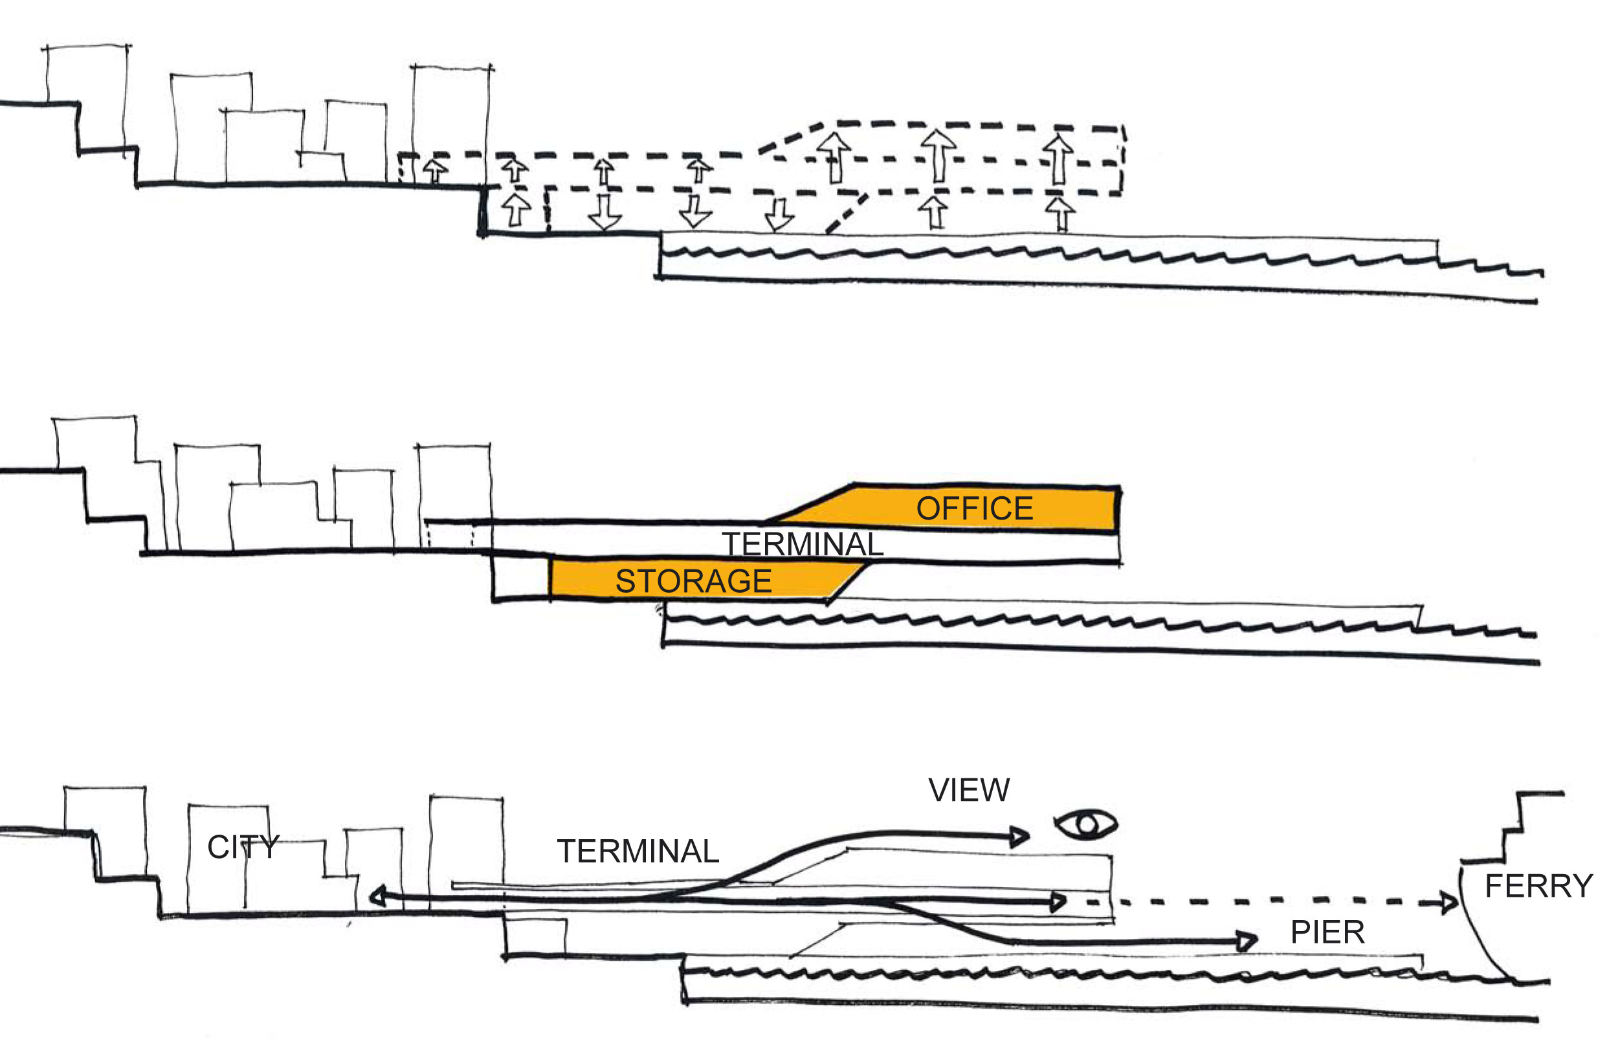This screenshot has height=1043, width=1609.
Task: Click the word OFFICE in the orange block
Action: pos(974,509)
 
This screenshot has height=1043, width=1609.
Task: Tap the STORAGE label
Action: pos(693,581)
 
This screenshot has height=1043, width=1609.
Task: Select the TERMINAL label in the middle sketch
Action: pos(803,544)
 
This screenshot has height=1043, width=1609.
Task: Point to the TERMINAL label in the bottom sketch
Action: pos(638,851)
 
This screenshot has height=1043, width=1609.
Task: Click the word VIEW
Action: pos(969,790)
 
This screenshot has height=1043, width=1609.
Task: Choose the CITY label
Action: pos(243,847)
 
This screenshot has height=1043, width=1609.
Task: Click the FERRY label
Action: pos(1538,886)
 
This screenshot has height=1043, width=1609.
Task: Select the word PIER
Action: pos(1327,933)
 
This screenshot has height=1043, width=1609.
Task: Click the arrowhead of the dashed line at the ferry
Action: pos(1448,902)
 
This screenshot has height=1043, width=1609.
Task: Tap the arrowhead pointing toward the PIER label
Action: pos(1246,940)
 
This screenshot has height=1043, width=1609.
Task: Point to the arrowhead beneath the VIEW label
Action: pos(1019,837)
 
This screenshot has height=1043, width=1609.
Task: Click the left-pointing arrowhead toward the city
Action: pos(377,897)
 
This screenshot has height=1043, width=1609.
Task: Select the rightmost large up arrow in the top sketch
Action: pos(1058,160)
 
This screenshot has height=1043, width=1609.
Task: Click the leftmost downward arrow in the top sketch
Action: pos(604,213)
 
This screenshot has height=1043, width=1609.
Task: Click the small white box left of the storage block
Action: pos(521,578)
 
